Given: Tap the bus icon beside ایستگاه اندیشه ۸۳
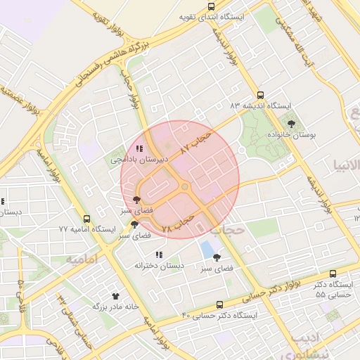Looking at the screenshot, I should click(260, 94).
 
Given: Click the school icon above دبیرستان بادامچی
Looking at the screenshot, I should click(140, 148).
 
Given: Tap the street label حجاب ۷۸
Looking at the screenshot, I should click(178, 225).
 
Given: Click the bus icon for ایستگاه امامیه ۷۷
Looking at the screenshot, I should click(86, 219).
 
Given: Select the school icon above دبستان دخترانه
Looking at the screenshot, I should click(160, 255).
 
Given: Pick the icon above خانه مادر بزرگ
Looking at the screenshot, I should click(115, 295).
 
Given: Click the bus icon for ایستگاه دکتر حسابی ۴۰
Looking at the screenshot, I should click(220, 304).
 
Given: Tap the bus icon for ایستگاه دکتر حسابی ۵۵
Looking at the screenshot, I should click(333, 274).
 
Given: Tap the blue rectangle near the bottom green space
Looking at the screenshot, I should click(207, 249).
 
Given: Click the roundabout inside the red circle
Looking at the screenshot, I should click(185, 187).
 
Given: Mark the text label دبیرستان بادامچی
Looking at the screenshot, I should click(140, 160).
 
